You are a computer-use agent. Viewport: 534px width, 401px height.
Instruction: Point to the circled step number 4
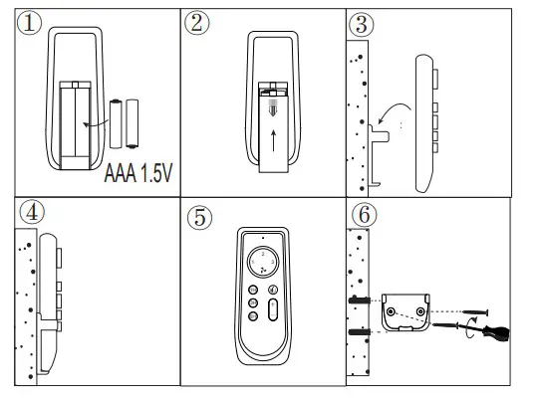pos(31,214)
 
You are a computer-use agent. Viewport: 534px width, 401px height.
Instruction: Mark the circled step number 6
pos(366,215)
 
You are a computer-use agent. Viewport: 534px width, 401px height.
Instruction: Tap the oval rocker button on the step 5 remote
pos(274,311)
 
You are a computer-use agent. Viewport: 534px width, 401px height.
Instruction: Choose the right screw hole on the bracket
pos(424,314)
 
